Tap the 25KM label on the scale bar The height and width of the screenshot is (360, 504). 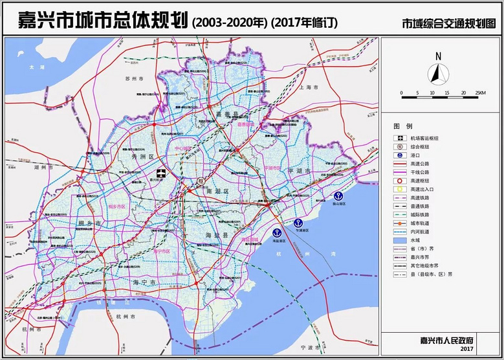coord(479,93)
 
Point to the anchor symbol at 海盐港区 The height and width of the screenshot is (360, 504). coord(277,232)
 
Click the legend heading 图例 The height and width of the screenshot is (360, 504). coord(402,125)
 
